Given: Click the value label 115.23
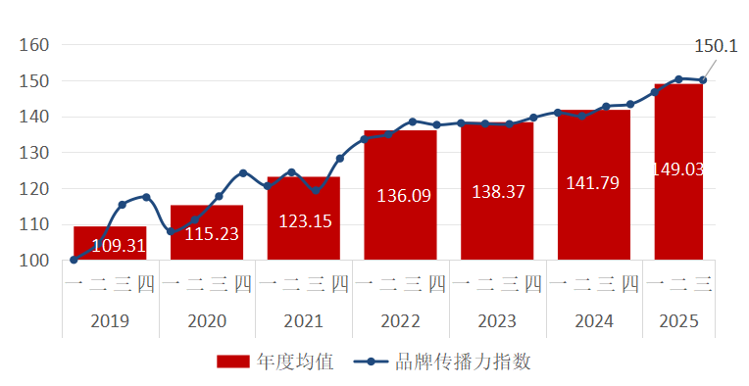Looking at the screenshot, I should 206,234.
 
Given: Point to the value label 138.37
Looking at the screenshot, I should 496,192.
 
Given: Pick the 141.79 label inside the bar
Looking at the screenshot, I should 593,182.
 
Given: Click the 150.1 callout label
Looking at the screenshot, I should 716,46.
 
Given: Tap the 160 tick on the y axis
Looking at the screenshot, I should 34,45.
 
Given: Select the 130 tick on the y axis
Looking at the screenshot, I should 34,153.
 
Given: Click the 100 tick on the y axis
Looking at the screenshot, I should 34,261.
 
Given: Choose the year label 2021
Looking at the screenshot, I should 303,321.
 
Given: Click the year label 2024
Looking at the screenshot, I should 593,321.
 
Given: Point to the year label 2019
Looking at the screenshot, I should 110,321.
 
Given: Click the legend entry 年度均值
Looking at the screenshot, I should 295,362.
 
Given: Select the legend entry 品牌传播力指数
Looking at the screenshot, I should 462,362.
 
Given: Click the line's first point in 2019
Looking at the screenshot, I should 74,260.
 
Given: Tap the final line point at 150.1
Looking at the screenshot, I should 703,80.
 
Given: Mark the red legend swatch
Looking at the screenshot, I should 233,362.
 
